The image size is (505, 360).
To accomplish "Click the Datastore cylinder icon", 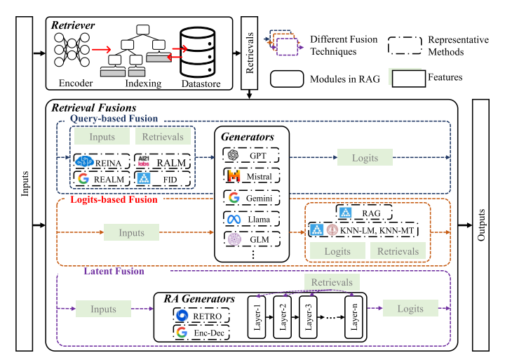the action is point(197,52).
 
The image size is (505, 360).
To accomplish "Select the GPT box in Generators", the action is point(251,155).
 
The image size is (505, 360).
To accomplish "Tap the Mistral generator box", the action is point(252,176).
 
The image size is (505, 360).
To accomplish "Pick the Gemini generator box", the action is point(252,198).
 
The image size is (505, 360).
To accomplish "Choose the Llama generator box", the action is point(252,219).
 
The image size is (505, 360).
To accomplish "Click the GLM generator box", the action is point(252,239).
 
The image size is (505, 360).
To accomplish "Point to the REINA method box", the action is point(102,162).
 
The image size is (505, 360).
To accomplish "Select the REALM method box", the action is point(102,178).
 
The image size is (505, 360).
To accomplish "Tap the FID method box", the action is point(162,178).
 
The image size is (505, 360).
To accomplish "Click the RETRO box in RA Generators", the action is point(201,316).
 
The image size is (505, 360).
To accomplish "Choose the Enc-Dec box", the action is point(201,333).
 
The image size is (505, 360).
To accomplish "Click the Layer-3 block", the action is point(308,317).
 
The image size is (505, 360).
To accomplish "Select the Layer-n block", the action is point(354,317).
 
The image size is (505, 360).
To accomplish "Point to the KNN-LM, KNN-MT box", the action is point(363,230).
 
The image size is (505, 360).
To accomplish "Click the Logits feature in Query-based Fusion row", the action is point(365,157).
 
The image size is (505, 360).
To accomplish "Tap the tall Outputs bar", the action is point(480,225).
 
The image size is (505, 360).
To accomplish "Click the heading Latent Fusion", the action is point(114,271).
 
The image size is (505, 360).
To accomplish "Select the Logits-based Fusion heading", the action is point(114,199).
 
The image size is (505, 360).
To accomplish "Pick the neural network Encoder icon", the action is point(72,50).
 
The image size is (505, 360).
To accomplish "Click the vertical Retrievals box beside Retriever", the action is point(249,53).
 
